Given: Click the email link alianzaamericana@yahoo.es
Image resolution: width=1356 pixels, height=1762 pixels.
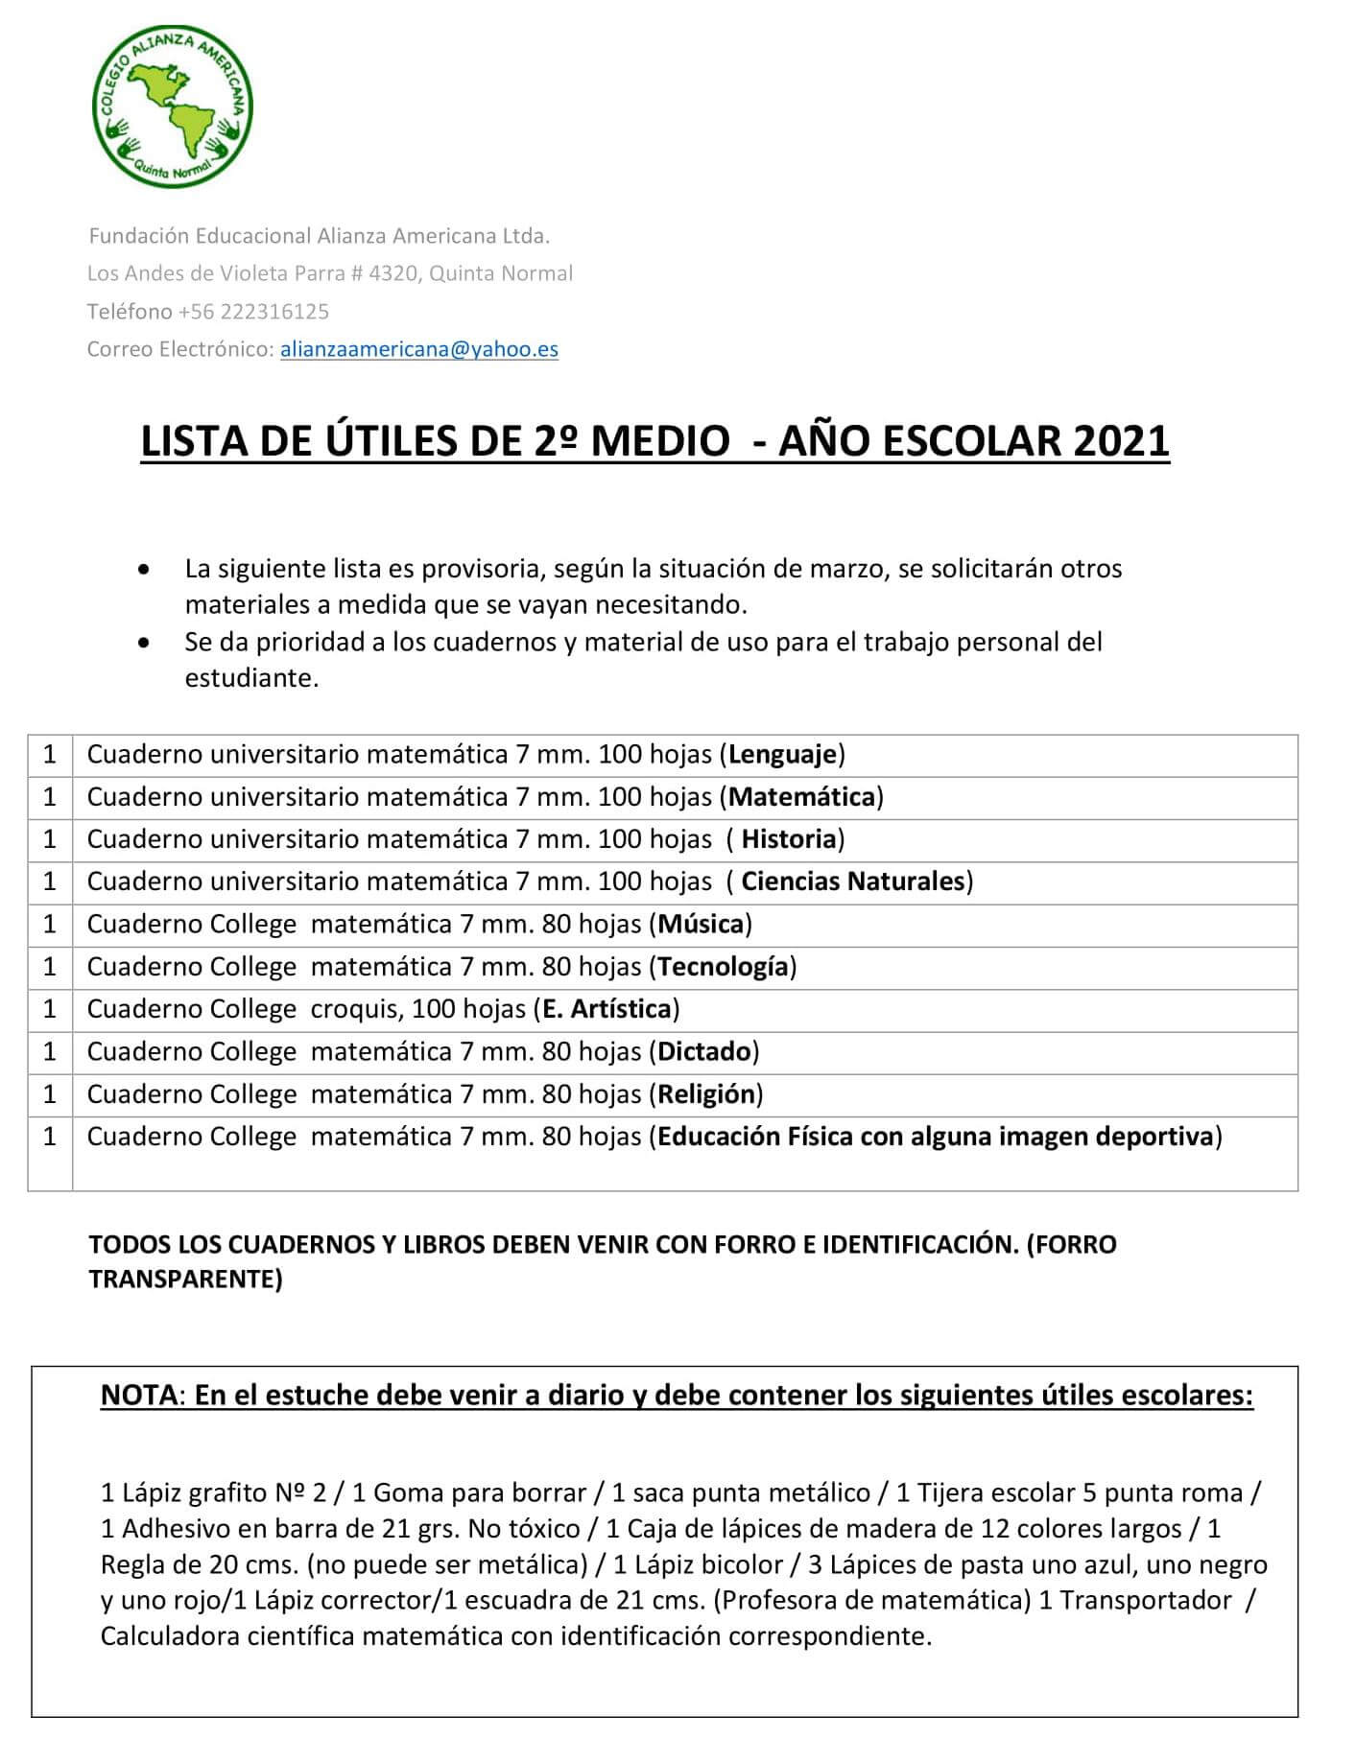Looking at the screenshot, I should point(418,349).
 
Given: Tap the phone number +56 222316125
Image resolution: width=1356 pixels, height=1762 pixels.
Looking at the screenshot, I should point(253,312).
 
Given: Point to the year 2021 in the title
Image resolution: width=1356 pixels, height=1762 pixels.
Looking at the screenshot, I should point(1122,441).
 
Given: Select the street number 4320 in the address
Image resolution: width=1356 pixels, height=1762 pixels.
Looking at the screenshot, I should point(393,273).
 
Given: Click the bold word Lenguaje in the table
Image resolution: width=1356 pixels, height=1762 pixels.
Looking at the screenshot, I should point(782,754).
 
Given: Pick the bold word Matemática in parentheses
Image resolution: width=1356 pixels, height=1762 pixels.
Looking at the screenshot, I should point(802,796).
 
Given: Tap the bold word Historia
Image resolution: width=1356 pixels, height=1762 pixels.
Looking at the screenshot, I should point(789,839).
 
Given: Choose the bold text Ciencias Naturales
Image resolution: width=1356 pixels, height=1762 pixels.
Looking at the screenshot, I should point(852,881).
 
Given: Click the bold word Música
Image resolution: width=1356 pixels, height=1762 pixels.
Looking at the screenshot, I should point(700,924).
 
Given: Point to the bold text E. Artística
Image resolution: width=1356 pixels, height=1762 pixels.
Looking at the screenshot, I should point(607,1008).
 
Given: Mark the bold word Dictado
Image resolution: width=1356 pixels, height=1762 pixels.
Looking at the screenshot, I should point(703,1051).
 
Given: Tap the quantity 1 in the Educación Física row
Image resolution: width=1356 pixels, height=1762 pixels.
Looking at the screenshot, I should point(50,1137).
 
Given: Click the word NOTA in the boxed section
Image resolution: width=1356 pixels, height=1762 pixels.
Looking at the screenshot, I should point(139,1395).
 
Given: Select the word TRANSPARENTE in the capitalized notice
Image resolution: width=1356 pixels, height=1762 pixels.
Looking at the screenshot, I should point(185,1280).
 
